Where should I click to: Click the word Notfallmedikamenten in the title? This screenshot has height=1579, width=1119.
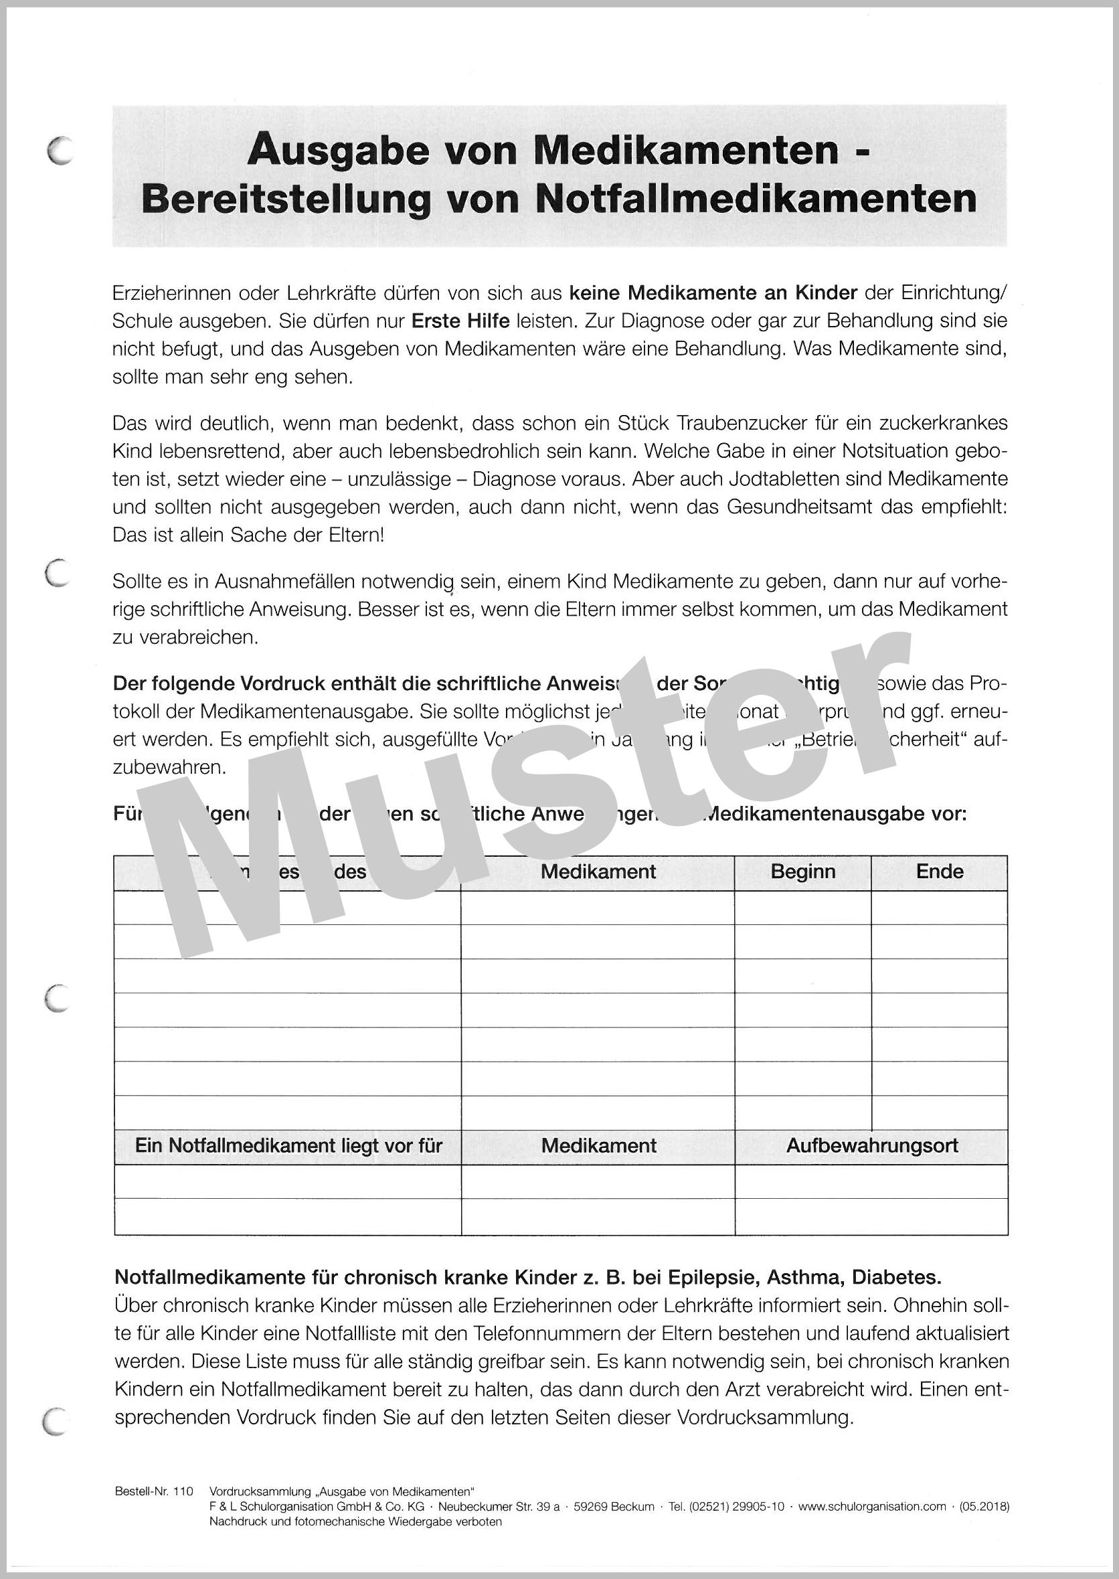click(x=755, y=199)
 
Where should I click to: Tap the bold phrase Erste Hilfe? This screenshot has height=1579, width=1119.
click(x=460, y=321)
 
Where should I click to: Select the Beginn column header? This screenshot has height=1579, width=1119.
click(x=802, y=872)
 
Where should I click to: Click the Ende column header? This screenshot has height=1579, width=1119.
click(x=939, y=872)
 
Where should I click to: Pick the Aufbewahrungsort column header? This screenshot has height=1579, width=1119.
click(x=871, y=1146)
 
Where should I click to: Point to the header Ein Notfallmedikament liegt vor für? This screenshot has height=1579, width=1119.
click(x=288, y=1146)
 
